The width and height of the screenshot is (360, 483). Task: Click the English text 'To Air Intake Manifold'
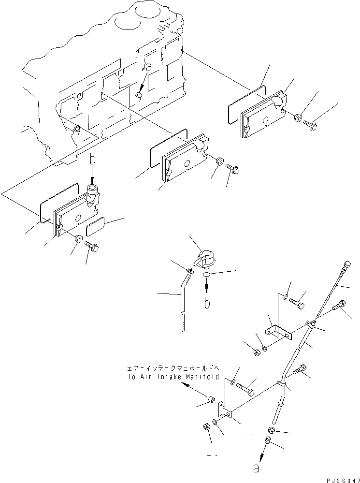(x=173, y=377)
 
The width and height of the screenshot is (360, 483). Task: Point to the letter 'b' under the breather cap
(x=206, y=304)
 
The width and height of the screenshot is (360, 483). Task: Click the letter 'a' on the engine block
(x=149, y=67)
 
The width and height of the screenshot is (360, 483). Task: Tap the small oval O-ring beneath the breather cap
(x=207, y=275)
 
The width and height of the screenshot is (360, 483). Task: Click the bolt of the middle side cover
(x=233, y=169)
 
